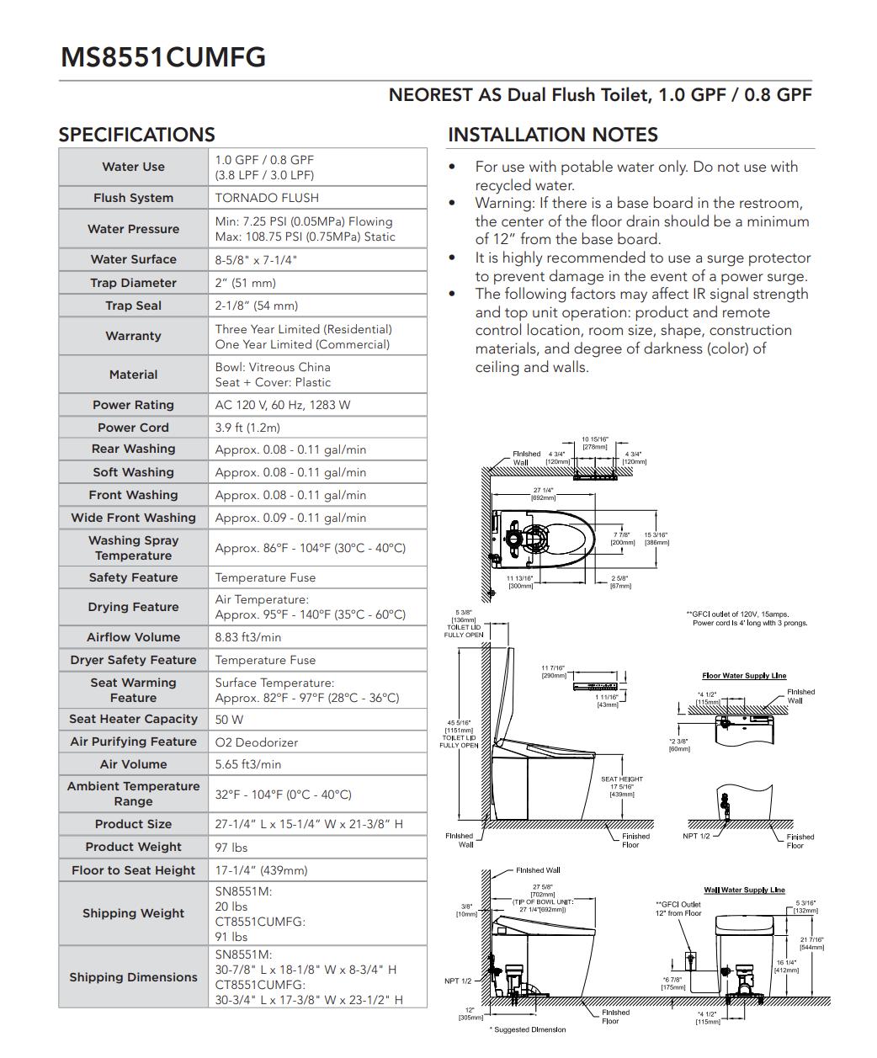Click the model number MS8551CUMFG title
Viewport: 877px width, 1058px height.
[163, 56]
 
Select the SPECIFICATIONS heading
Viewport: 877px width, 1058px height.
[136, 135]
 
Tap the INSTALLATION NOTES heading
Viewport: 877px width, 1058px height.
[552, 135]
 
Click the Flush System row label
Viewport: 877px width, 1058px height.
[133, 198]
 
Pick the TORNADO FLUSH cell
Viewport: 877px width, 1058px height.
[267, 198]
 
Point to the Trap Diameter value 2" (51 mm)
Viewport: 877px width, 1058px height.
[245, 283]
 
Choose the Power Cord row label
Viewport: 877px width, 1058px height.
[133, 428]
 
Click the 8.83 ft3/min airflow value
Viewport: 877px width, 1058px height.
[248, 637]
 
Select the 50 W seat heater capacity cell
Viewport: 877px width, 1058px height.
[229, 720]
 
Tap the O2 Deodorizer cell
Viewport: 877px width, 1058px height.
[257, 742]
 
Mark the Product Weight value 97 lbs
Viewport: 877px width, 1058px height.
[231, 848]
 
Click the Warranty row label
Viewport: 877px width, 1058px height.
[133, 336]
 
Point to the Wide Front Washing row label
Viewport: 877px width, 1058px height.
[133, 518]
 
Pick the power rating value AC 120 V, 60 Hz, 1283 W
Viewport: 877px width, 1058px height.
[283, 405]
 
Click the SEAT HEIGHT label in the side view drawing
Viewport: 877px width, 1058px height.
[621, 779]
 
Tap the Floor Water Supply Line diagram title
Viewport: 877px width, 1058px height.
[744, 676]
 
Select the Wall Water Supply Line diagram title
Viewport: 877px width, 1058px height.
[744, 890]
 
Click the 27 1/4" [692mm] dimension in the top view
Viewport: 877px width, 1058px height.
[543, 493]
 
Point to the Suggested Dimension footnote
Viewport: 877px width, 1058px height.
[528, 1029]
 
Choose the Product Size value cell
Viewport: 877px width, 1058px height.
[309, 824]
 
